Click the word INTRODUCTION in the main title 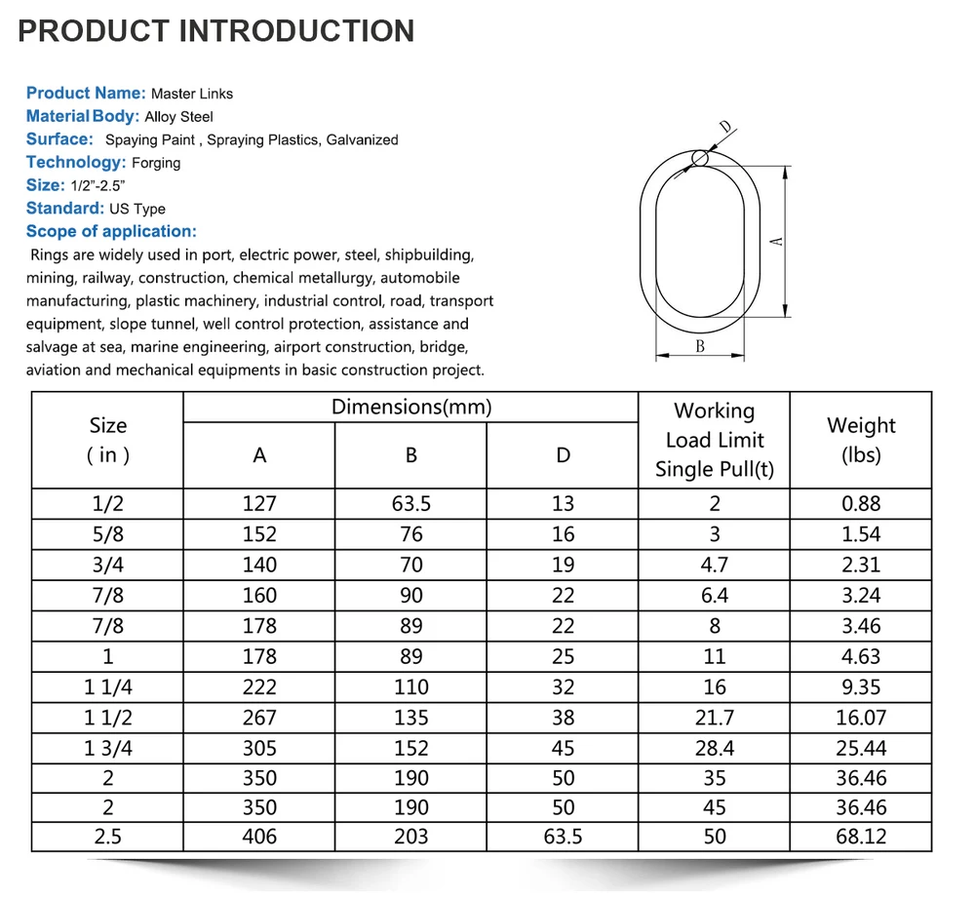tap(296, 30)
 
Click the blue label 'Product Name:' tap(86, 94)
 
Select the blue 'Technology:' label tap(76, 163)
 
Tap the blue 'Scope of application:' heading tap(111, 232)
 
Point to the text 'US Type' tap(136, 209)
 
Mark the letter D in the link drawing tap(725, 128)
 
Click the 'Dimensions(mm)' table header tap(411, 408)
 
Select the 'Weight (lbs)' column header tap(861, 440)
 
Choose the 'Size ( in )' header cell tap(107, 440)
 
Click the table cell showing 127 tap(259, 504)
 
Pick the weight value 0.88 tap(861, 504)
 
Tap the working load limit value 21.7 tap(715, 718)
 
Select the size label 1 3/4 tap(107, 749)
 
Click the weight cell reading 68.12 tap(861, 837)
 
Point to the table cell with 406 tap(259, 837)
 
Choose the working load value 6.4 tap(715, 596)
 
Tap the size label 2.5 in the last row tap(107, 837)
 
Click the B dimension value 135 tap(411, 718)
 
